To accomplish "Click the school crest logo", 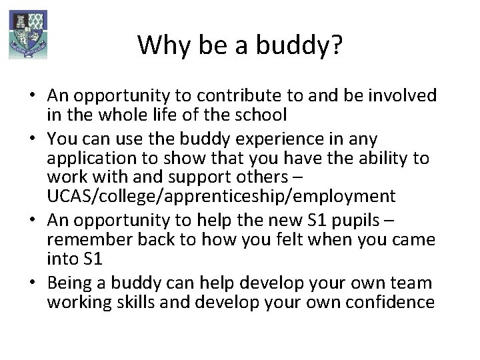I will (x=28, y=33).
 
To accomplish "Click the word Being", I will (x=69, y=283).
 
